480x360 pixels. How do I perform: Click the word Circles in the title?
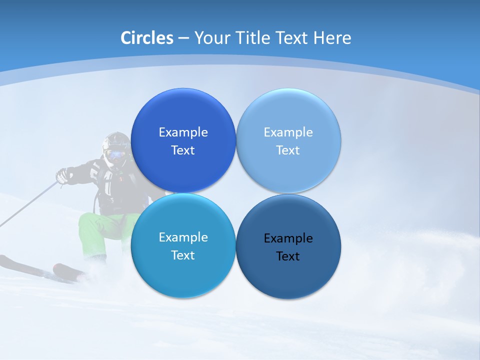(x=147, y=38)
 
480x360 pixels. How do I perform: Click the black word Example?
(x=288, y=238)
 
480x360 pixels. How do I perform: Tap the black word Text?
(x=288, y=256)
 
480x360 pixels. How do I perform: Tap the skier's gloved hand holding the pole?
(x=62, y=175)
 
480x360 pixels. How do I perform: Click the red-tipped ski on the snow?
(x=67, y=270)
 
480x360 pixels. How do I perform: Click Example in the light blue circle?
(x=288, y=132)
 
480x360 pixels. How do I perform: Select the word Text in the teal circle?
(x=183, y=255)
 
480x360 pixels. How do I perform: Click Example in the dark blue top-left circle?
(x=183, y=132)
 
